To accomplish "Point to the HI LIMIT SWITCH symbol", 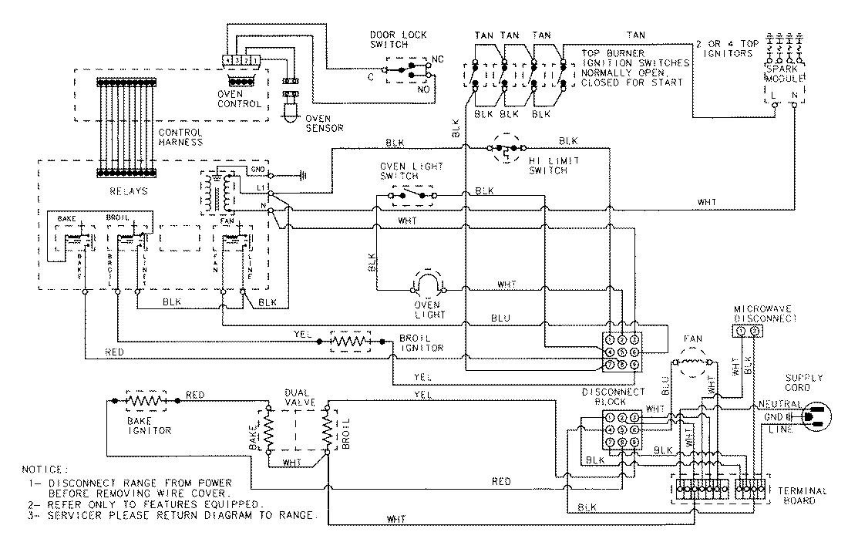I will [505, 150].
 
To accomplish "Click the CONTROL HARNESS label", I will [180, 136].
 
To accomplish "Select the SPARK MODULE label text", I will [785, 75].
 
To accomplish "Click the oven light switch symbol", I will [410, 197].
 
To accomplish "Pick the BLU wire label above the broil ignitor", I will [502, 318].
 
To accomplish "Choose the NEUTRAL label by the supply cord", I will [777, 404].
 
